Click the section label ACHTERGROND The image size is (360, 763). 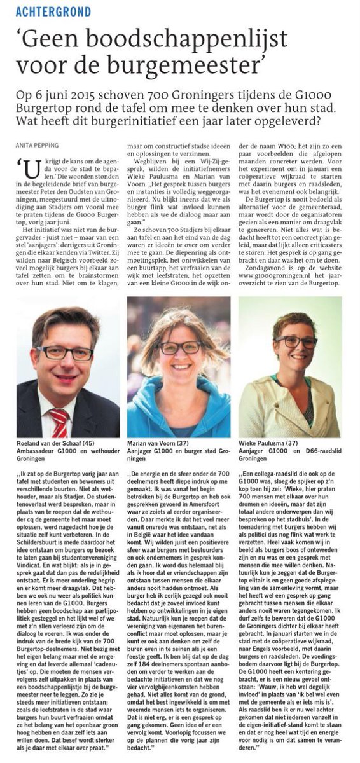coord(53,11)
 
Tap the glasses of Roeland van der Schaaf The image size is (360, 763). coord(64,352)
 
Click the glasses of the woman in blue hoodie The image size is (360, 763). coord(179,347)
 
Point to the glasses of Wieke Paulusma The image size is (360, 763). coord(296,341)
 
